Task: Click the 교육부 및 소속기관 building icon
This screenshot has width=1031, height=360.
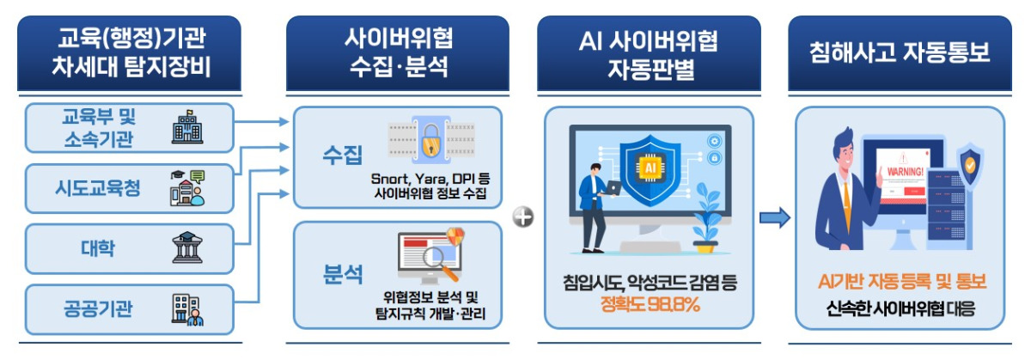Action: click(x=187, y=127)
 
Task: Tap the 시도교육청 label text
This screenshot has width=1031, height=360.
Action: click(x=98, y=188)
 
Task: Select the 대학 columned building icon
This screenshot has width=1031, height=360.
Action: click(x=187, y=247)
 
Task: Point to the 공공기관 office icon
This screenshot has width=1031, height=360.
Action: click(x=187, y=310)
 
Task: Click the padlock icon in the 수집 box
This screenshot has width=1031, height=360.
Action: click(x=430, y=140)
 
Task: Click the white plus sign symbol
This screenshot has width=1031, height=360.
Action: click(x=523, y=217)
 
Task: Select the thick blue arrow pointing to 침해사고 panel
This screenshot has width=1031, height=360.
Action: click(x=775, y=217)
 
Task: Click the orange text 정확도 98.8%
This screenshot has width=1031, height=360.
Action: click(x=650, y=304)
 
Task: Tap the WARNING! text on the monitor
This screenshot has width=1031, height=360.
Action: click(x=905, y=172)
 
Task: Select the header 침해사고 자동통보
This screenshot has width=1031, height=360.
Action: click(x=900, y=52)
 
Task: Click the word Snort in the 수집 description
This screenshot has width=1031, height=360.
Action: click(x=389, y=179)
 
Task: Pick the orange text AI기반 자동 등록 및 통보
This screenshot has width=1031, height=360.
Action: click(x=902, y=281)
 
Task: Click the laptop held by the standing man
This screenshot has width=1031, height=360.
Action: click(x=613, y=188)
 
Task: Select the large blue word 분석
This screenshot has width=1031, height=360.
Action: click(x=343, y=274)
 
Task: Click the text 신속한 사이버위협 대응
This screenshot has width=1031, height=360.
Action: click(x=900, y=309)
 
